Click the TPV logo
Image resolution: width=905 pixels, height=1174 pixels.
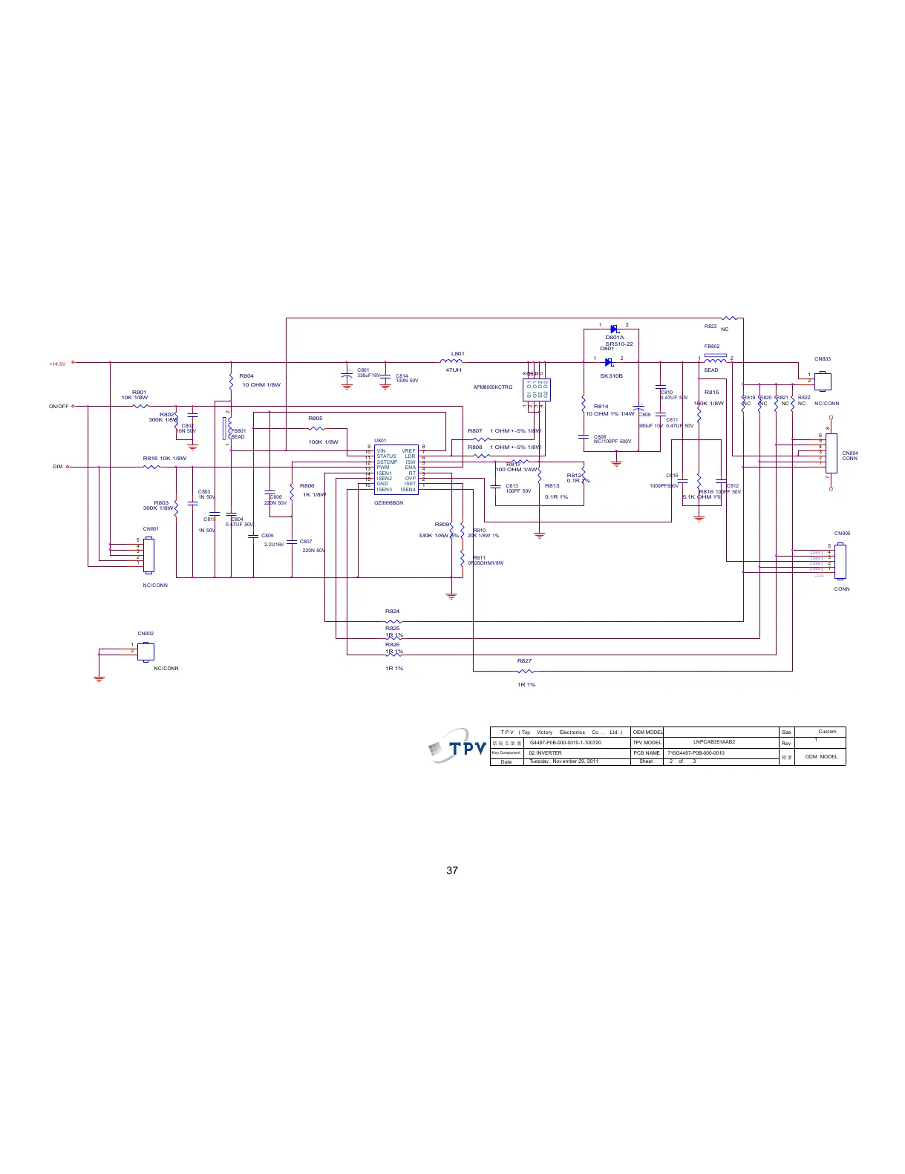point(458,746)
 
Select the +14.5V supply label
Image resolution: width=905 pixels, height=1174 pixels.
point(57,364)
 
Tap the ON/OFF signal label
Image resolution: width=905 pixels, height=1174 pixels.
point(59,407)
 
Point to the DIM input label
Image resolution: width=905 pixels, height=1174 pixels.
point(58,467)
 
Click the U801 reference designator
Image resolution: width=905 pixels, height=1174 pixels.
point(380,441)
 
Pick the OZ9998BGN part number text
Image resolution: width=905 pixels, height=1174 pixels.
point(388,502)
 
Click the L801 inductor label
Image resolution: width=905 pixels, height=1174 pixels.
point(457,354)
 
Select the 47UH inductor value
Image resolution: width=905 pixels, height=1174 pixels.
point(453,370)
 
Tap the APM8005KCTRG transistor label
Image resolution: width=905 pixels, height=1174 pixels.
point(492,387)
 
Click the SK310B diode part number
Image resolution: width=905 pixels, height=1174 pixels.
point(611,376)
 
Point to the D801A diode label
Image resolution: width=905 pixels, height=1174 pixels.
point(614,338)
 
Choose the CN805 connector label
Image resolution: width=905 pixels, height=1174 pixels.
point(842,534)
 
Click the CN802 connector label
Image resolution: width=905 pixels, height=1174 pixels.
point(146,634)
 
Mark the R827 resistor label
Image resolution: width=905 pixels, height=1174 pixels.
point(524,660)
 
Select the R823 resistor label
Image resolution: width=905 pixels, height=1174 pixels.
point(710,327)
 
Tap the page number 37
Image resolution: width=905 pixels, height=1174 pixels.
point(452,870)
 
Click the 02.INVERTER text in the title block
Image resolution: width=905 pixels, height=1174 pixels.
point(545,752)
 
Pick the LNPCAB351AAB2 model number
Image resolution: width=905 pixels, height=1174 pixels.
point(713,742)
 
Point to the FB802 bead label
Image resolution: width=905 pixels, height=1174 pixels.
point(711,347)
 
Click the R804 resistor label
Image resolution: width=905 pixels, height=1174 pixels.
point(246,376)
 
